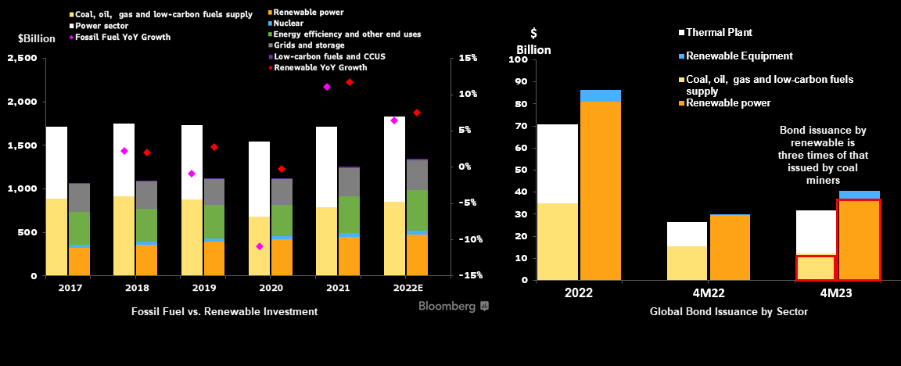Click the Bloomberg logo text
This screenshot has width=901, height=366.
tap(447, 307)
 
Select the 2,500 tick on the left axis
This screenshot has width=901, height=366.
tap(23, 59)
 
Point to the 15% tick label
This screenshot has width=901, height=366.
tap(468, 59)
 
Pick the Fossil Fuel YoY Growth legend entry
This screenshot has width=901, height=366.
tap(121, 37)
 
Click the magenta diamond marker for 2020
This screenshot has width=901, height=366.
tap(260, 246)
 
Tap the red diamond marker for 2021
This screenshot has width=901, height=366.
tap(350, 82)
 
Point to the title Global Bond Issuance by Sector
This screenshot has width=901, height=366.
tap(728, 311)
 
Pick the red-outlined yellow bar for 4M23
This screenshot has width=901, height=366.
tap(816, 267)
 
